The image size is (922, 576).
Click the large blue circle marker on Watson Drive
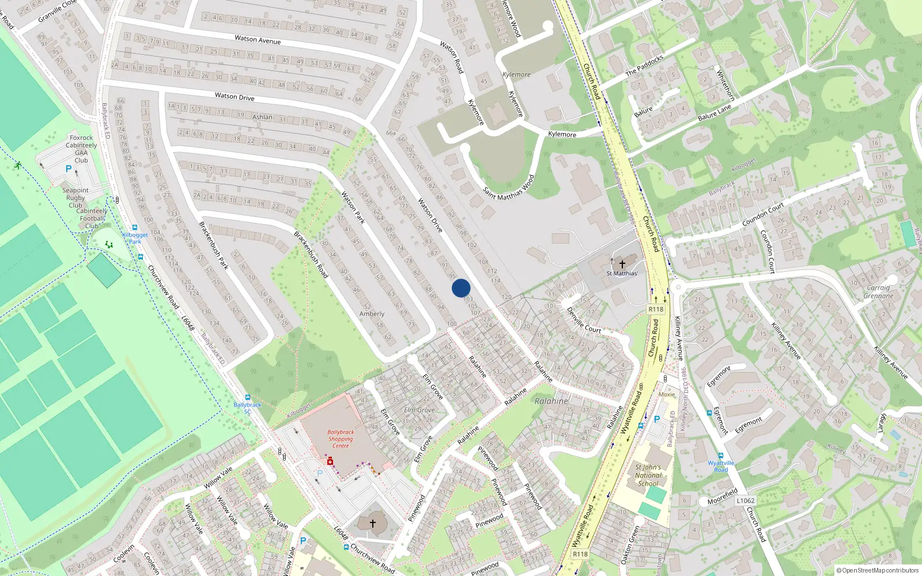click(461, 288)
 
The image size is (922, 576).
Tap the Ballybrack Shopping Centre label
click(341, 439)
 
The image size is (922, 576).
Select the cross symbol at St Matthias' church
click(622, 264)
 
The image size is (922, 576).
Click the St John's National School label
click(648, 475)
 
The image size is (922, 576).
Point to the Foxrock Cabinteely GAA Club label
click(81, 149)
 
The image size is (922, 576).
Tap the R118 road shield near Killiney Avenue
click(656, 309)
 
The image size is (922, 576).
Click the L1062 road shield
click(745, 501)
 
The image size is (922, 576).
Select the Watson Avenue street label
click(258, 40)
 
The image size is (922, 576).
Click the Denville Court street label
click(584, 321)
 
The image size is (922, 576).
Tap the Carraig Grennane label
click(878, 292)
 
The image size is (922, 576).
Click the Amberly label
click(372, 314)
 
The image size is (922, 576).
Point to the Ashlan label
click(262, 117)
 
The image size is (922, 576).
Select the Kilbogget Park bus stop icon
click(135, 228)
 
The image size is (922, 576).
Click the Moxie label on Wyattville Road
click(666, 395)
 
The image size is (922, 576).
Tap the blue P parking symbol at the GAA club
click(69, 169)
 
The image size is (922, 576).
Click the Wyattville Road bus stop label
click(721, 466)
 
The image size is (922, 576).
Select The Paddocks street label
click(644, 65)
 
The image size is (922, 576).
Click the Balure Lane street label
click(715, 113)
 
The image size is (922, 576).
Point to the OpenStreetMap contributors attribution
click(878, 571)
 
